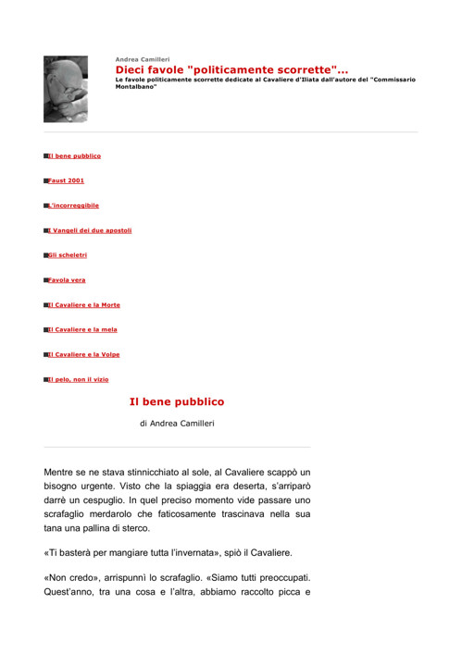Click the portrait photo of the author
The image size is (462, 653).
pos(65,89)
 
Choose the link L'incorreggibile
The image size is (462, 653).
pos(73,205)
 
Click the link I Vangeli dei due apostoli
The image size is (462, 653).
pos(90,230)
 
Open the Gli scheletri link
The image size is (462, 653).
pos(68,255)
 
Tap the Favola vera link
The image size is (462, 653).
pos(67,279)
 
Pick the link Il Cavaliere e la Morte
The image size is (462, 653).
pos(83,304)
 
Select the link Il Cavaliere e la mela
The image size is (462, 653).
pos(82,329)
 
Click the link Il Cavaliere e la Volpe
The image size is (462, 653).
pos(83,354)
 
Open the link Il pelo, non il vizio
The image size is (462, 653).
pos(78,379)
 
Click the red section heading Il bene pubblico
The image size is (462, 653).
pos(176,402)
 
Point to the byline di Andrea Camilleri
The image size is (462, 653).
pos(177,424)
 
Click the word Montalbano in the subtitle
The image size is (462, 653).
pos(137,86)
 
